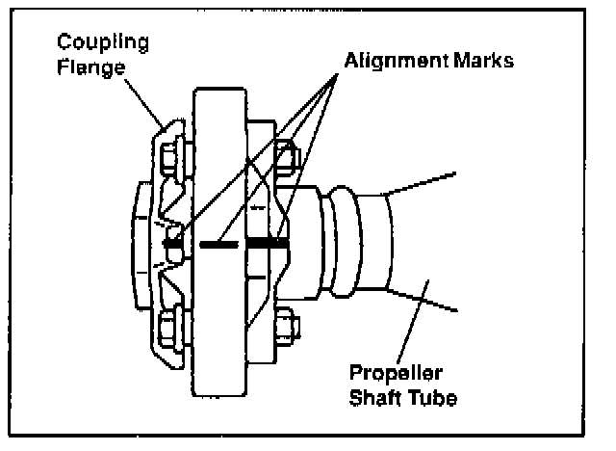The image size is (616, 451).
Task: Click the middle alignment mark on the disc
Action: point(219,245)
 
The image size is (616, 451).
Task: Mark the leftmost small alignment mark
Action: point(173,245)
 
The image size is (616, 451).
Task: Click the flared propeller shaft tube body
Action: point(423,241)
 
